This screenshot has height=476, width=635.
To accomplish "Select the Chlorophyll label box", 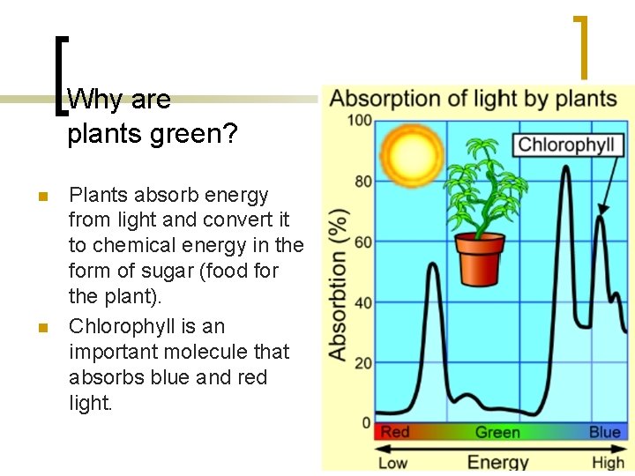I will click(x=565, y=145).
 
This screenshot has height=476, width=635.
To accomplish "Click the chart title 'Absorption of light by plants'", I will click(x=473, y=97).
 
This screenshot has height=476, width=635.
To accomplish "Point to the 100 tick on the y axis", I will click(x=359, y=119).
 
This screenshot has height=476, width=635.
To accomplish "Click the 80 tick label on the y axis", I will click(x=362, y=181).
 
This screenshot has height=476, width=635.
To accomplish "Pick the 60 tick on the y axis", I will click(x=362, y=242).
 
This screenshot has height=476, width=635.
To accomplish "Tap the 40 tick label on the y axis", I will click(x=362, y=302).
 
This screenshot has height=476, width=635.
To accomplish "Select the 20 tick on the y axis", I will click(x=362, y=363).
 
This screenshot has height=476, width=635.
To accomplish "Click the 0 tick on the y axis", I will click(x=366, y=423).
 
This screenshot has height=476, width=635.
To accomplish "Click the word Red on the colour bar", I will click(x=394, y=433).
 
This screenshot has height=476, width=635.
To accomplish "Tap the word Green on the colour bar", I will click(x=497, y=433).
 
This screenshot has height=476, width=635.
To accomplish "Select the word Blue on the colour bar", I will click(x=605, y=433).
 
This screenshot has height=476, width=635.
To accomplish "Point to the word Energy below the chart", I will click(x=497, y=461).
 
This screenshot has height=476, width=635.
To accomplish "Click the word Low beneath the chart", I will click(x=393, y=462).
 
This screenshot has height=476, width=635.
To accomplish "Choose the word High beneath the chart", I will click(x=609, y=462).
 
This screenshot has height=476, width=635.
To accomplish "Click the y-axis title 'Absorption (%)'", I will click(x=338, y=284).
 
